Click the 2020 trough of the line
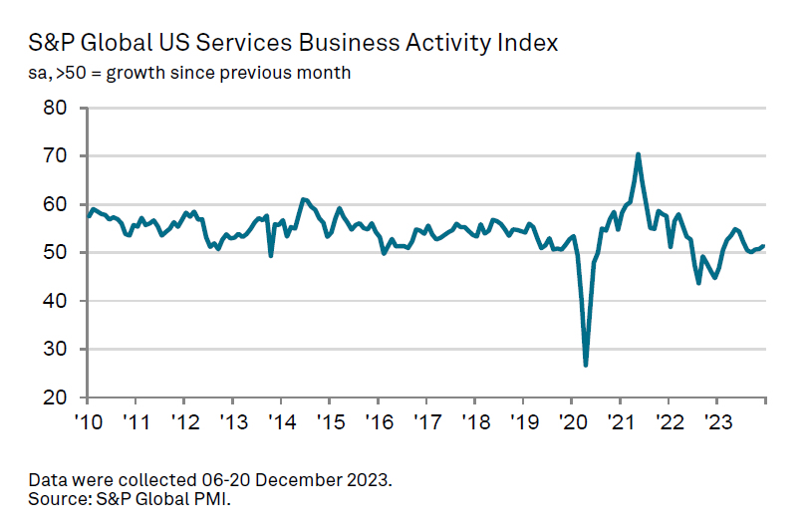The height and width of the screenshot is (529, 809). pyautogui.click(x=586, y=365)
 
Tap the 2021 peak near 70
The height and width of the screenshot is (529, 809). pyautogui.click(x=638, y=154)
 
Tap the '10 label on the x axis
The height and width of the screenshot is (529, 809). pyautogui.click(x=88, y=421)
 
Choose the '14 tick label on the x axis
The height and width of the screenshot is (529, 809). pyautogui.click(x=281, y=421)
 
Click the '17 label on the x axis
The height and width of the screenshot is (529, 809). pyautogui.click(x=425, y=421)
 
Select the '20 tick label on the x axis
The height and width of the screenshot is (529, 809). pyautogui.click(x=571, y=421)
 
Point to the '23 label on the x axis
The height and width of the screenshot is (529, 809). pyautogui.click(x=716, y=421)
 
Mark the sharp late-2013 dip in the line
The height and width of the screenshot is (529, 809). pyautogui.click(x=271, y=255)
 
